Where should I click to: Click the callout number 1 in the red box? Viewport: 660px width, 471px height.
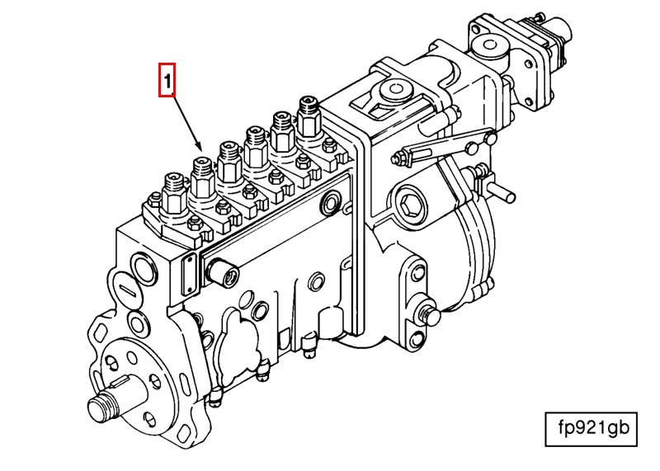click(167, 80)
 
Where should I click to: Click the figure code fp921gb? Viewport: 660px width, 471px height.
click(591, 427)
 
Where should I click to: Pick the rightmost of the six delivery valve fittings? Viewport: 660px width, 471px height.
click(309, 115)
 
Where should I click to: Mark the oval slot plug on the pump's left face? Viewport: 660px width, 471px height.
click(129, 290)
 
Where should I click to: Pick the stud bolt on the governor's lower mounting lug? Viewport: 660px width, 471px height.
click(429, 313)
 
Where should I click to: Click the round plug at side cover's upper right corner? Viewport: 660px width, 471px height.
click(332, 202)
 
